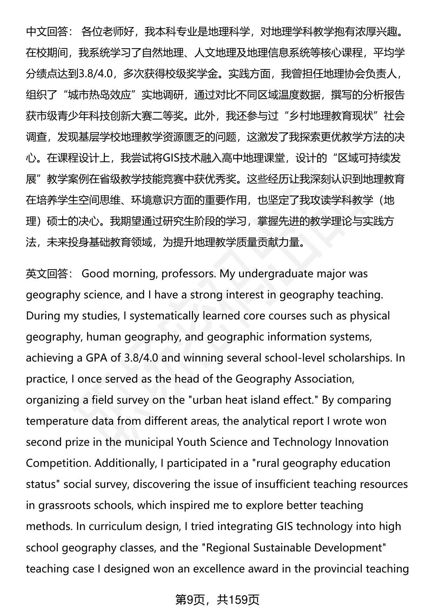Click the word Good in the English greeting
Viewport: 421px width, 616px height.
pyautogui.click(x=95, y=273)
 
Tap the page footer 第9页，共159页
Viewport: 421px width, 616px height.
pyautogui.click(x=217, y=600)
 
